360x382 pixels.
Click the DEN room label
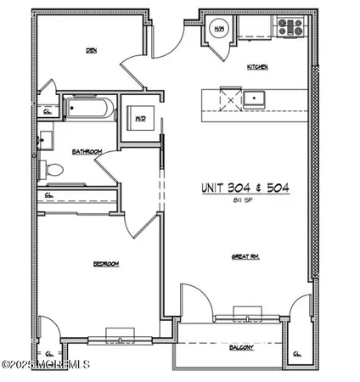90,50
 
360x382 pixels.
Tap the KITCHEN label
257,65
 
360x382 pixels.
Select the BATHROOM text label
87,152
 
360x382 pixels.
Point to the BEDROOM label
105,264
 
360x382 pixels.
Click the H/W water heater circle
217,27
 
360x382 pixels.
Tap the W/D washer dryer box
136,120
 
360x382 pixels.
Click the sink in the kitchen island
252,98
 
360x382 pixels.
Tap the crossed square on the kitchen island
229,98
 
